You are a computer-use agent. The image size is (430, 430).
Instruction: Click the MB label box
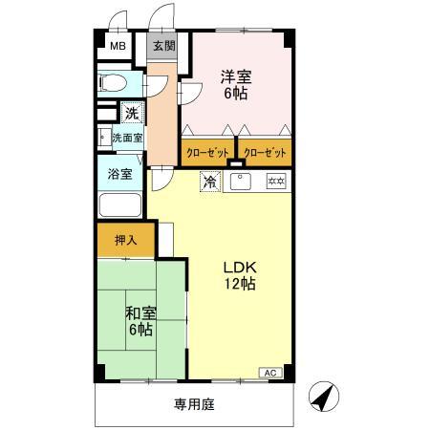[x=117, y=46]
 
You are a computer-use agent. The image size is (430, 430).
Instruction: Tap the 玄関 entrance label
[x=163, y=46]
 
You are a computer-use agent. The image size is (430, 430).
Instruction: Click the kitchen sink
[x=239, y=180]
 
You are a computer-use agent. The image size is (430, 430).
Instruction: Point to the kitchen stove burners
[x=276, y=181]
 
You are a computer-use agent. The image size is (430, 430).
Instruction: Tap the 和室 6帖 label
[x=140, y=320]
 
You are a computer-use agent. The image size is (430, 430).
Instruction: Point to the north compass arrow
[x=325, y=395]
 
